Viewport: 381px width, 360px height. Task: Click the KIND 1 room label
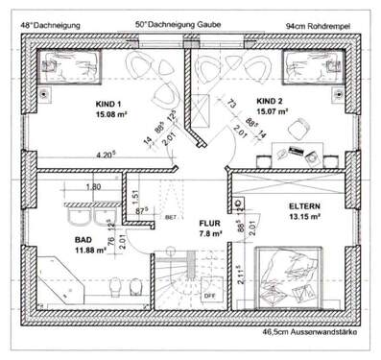pos(109,102)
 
